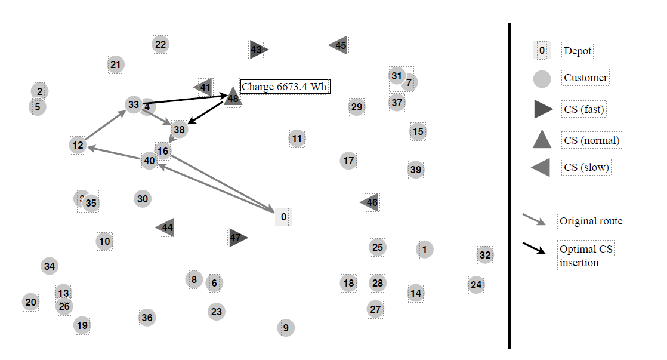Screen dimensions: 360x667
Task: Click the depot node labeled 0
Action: pos(283,217)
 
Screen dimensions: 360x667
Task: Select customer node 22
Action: pos(160,44)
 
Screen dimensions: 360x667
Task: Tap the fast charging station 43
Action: pos(257,50)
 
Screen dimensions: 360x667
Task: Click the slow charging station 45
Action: pos(339,45)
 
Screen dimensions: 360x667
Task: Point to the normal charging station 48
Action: pos(233,98)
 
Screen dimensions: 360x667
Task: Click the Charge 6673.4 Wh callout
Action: pos(285,87)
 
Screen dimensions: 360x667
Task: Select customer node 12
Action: pos(78,145)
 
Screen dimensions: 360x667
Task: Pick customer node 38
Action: pos(179,129)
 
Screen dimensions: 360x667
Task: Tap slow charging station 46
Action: pos(371,202)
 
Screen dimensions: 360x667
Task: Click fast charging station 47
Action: pos(237,238)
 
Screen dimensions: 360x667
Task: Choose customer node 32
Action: pos(485,255)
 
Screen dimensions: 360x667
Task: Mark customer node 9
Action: pos(286,328)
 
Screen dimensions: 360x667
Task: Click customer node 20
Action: pos(31,302)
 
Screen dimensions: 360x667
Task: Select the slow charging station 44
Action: pos(166,227)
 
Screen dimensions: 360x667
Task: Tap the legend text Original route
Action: pos(591,221)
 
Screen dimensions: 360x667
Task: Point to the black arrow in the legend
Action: pos(534,248)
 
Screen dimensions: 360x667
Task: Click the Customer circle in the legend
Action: pos(541,78)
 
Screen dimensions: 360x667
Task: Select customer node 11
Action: pos(297,139)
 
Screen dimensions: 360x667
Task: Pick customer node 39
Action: pos(416,170)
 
